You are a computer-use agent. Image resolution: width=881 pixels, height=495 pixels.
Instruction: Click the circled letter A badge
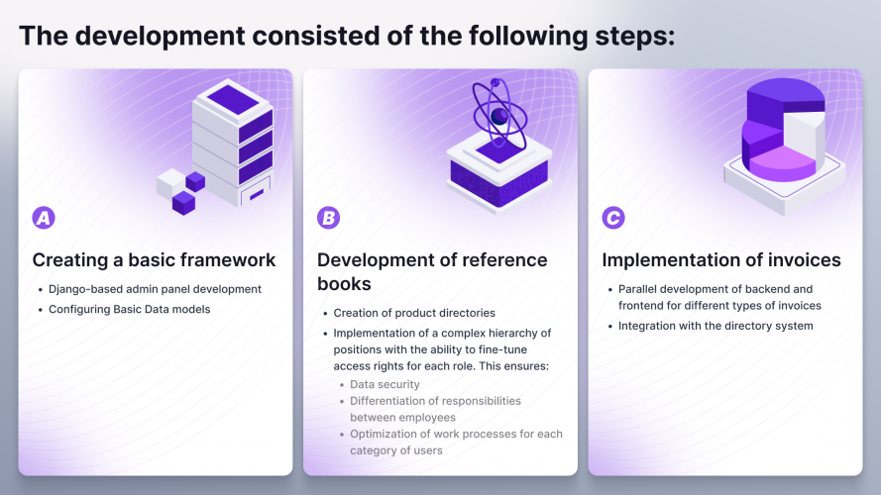click(44, 218)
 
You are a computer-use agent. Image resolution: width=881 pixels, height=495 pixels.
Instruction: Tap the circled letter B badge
click(328, 218)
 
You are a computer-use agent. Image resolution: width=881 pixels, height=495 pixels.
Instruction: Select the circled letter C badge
click(613, 218)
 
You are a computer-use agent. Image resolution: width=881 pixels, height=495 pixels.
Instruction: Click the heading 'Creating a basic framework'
click(154, 260)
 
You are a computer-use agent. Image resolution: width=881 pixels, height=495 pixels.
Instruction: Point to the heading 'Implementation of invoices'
click(721, 260)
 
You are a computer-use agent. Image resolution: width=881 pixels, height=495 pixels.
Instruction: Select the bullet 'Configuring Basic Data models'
click(130, 309)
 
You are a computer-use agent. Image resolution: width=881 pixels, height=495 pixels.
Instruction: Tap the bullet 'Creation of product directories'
click(414, 313)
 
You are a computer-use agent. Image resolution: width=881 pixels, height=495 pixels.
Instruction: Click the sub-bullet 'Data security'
click(385, 384)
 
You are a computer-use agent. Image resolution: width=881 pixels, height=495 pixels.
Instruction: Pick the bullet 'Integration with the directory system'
click(716, 326)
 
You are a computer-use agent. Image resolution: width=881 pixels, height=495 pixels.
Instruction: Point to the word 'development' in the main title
click(161, 37)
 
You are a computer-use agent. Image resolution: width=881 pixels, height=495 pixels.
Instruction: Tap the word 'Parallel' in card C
click(640, 290)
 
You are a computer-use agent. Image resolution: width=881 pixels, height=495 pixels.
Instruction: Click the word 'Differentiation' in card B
click(392, 401)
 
